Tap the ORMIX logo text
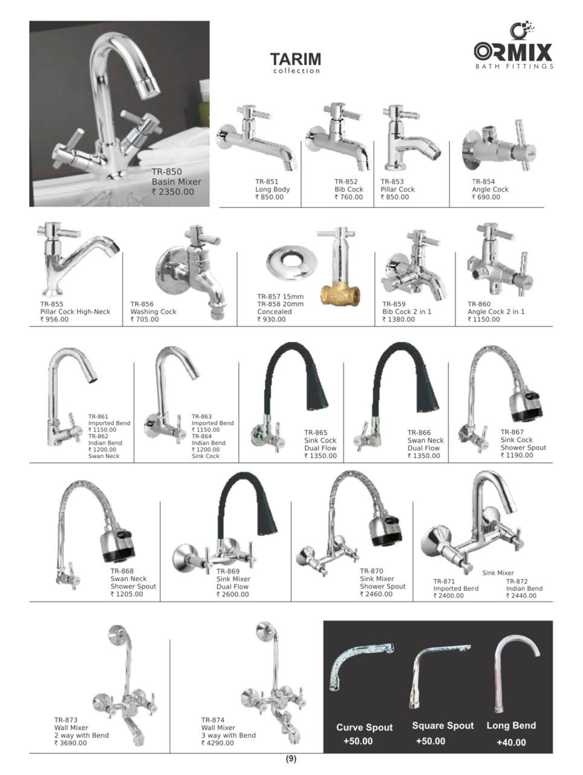(513, 51)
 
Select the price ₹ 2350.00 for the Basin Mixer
(173, 192)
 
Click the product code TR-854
(483, 182)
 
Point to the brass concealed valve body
(340, 295)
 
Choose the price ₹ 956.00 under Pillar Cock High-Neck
(54, 319)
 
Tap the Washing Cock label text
(153, 312)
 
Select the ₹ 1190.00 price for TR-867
(516, 455)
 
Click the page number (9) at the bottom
(291, 759)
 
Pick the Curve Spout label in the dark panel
(364, 728)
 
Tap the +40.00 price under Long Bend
(511, 742)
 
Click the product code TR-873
(66, 721)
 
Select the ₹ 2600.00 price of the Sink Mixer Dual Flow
(232, 595)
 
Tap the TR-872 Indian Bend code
(518, 581)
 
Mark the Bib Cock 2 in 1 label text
(406, 312)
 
